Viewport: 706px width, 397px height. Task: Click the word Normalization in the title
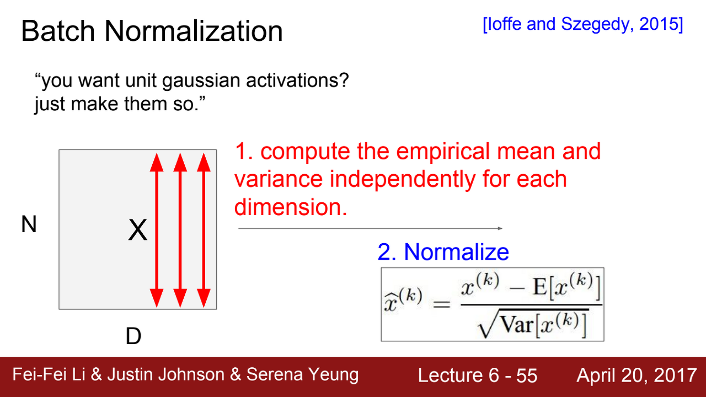pyautogui.click(x=194, y=31)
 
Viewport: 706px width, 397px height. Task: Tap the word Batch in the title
pyautogui.click(x=58, y=31)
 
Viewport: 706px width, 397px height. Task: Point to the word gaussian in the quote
pyautogui.click(x=201, y=81)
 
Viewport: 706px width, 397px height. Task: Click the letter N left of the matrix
pyautogui.click(x=29, y=224)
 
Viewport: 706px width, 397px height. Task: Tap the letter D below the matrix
pyautogui.click(x=133, y=336)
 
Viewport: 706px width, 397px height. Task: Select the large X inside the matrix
pyautogui.click(x=138, y=230)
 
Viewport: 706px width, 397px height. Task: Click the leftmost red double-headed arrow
pyautogui.click(x=157, y=230)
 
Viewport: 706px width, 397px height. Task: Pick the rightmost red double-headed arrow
pyautogui.click(x=204, y=230)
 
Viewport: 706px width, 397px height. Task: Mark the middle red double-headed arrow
pyautogui.click(x=180, y=230)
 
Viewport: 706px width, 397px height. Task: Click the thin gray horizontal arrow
pyautogui.click(x=370, y=228)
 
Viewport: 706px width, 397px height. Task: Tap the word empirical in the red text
pyautogui.click(x=440, y=152)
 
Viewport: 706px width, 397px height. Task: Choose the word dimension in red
pyautogui.click(x=291, y=207)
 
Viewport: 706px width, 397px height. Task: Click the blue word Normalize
pyautogui.click(x=456, y=252)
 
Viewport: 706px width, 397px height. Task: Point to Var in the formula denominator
pyautogui.click(x=517, y=325)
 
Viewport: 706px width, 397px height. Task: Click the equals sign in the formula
pyautogui.click(x=442, y=304)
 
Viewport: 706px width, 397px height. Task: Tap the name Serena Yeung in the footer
pyautogui.click(x=302, y=375)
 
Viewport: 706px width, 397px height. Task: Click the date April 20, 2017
pyautogui.click(x=637, y=375)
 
